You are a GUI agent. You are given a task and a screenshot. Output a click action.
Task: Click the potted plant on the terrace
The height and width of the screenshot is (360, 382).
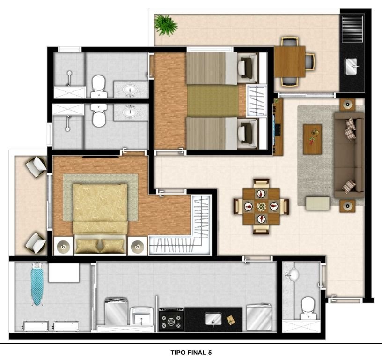tap(166, 25)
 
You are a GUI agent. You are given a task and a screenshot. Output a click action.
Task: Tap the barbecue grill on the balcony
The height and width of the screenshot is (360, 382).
tap(352, 29)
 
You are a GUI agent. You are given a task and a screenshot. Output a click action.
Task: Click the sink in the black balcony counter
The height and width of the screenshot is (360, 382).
tap(351, 66)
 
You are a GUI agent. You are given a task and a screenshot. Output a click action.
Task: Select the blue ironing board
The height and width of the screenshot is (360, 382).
tap(37, 284)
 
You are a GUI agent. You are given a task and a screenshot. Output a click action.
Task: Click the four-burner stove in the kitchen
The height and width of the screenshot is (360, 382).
tap(171, 319)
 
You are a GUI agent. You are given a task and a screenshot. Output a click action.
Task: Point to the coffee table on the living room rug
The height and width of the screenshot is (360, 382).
tap(312, 139)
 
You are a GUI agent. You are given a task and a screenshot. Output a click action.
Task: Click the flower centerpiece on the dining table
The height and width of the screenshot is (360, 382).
tap(261, 207)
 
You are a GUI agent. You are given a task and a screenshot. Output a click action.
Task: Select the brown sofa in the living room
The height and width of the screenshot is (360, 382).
tap(349, 155)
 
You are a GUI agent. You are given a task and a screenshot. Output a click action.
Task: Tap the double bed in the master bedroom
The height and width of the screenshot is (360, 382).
tap(100, 219)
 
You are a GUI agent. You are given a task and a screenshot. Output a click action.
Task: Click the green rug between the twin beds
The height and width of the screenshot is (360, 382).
tap(213, 101)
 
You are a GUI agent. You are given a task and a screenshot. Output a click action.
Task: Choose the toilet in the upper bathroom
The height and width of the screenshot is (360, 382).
tap(99, 86)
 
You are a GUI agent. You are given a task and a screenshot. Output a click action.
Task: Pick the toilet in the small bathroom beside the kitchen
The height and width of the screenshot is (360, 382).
tap(309, 308)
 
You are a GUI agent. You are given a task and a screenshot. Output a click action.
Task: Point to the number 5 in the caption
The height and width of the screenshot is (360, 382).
tap(210, 352)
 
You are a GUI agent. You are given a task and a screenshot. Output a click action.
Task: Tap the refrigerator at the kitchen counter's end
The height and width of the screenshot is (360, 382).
tap(259, 317)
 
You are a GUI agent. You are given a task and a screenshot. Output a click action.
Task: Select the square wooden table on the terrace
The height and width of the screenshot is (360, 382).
tap(290, 61)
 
